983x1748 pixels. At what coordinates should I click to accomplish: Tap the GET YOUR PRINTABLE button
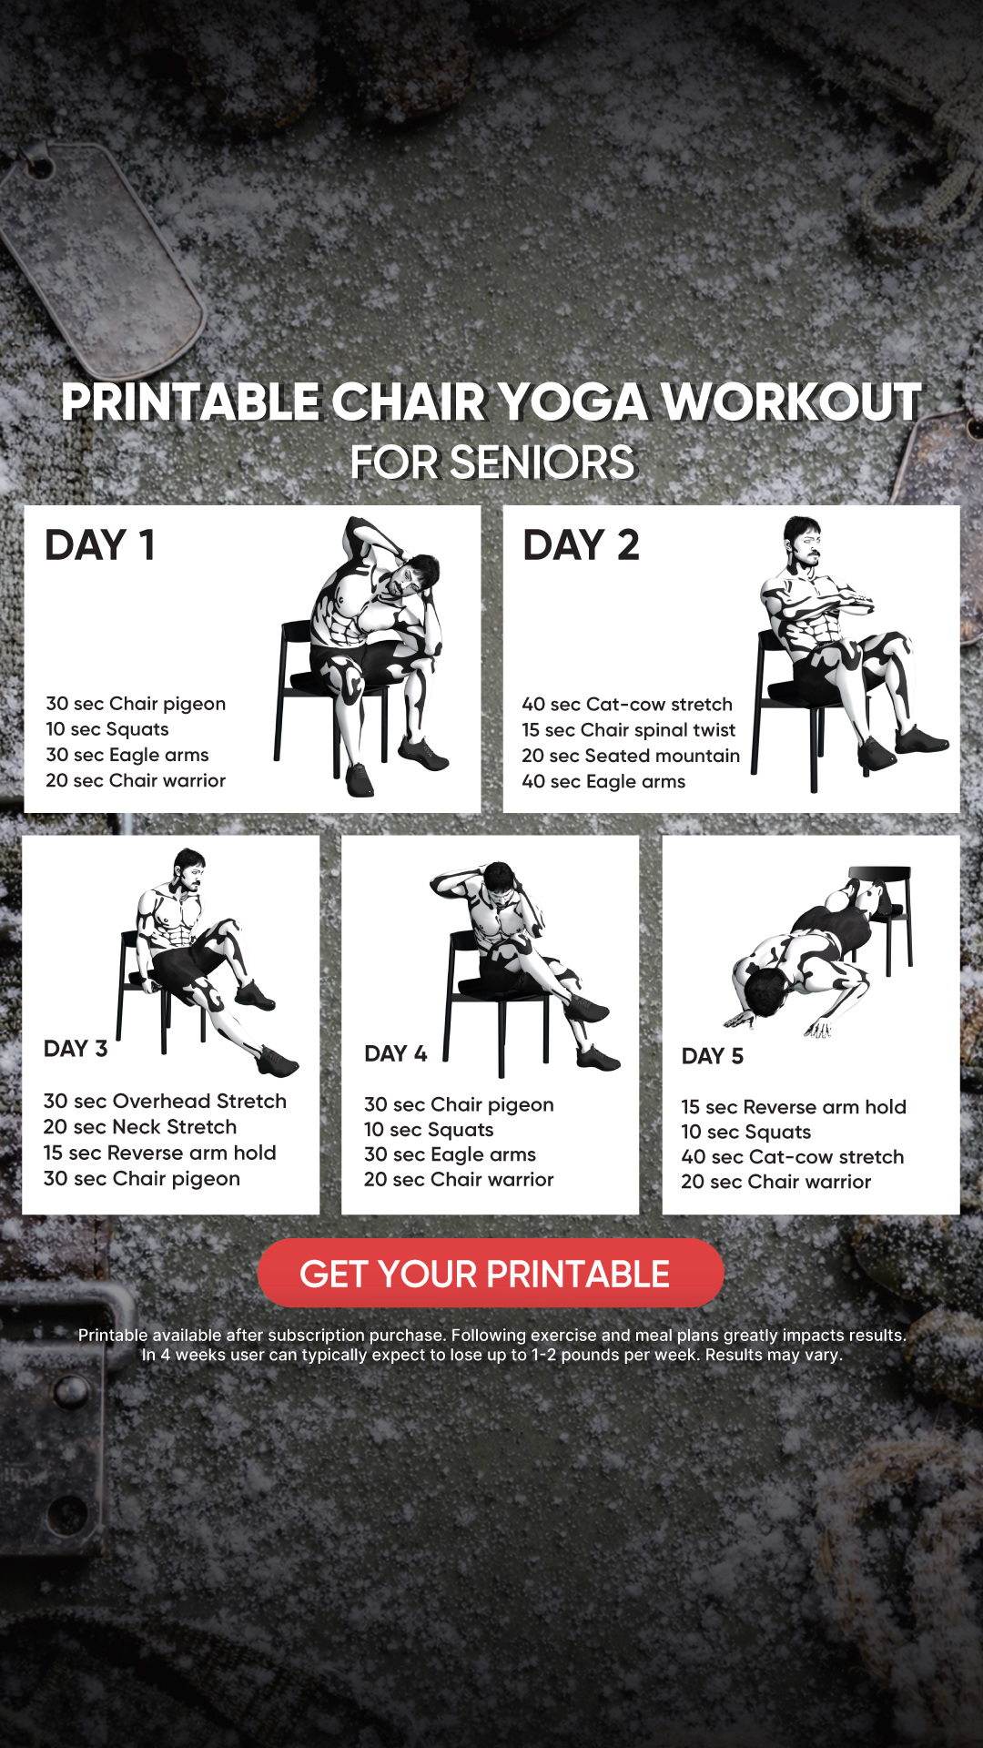coord(491,1273)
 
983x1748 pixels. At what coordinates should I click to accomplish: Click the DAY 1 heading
coord(100,545)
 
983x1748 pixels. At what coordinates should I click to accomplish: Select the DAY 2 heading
coord(581,545)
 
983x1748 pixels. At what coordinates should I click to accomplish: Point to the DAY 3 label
coord(76,1049)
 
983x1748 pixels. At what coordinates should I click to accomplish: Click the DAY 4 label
coord(396,1053)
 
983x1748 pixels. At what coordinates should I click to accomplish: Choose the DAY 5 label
coord(713,1056)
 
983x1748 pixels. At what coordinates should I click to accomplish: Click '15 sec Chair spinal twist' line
coord(628,730)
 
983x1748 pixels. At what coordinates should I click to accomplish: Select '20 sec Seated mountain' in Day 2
coord(631,756)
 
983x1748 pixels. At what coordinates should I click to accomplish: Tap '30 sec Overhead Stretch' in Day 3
coord(165,1101)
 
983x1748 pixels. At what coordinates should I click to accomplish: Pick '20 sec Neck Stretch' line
coord(140,1126)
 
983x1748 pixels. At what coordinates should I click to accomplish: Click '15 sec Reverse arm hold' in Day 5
coord(794,1106)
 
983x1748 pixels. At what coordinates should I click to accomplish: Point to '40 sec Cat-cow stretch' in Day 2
coord(627,704)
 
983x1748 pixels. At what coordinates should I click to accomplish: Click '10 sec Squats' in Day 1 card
coord(107,729)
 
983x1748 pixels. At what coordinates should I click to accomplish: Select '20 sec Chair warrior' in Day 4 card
coord(459,1179)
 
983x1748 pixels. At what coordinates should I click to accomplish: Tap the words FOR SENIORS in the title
coord(492,462)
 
